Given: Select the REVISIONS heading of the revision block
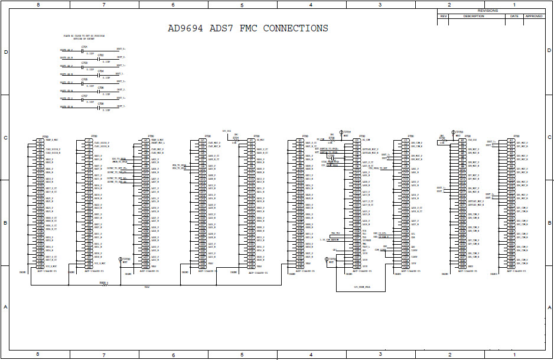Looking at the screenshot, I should (488, 11).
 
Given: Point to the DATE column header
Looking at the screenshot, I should (514, 16).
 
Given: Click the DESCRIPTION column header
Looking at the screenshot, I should (474, 16).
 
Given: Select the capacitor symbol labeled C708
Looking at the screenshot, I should (99, 108).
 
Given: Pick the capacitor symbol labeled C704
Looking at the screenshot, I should (99, 75).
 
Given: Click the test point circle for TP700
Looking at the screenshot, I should (121, 259).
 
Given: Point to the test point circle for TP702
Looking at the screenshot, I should (327, 259).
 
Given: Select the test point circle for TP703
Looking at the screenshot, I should (454, 132).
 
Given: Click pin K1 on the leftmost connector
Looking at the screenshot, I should (40, 140).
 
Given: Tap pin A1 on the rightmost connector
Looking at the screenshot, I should (511, 140).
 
